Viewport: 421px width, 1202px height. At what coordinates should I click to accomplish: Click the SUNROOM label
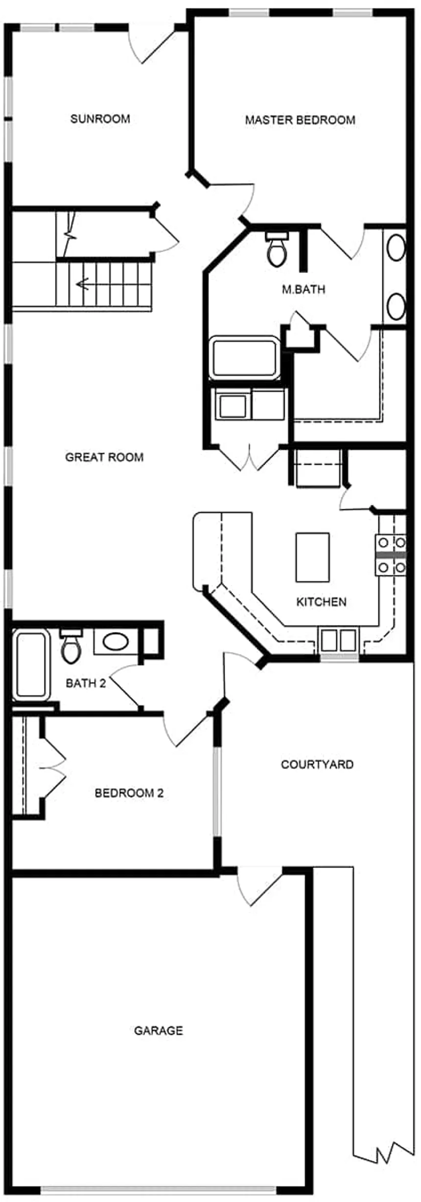(100, 119)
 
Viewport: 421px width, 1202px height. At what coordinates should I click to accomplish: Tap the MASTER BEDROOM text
(300, 120)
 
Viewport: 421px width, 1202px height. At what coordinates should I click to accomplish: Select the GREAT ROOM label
(104, 457)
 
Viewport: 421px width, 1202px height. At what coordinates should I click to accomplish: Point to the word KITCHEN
(321, 602)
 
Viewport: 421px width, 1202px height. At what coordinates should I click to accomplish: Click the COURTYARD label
(317, 764)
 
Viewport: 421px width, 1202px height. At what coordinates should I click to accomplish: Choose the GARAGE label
(159, 1030)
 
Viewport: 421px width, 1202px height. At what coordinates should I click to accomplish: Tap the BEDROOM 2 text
(129, 793)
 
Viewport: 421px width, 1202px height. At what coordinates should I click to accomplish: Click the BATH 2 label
(86, 683)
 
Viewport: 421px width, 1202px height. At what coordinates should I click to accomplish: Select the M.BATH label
(304, 289)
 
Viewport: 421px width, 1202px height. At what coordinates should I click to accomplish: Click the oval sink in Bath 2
(116, 641)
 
